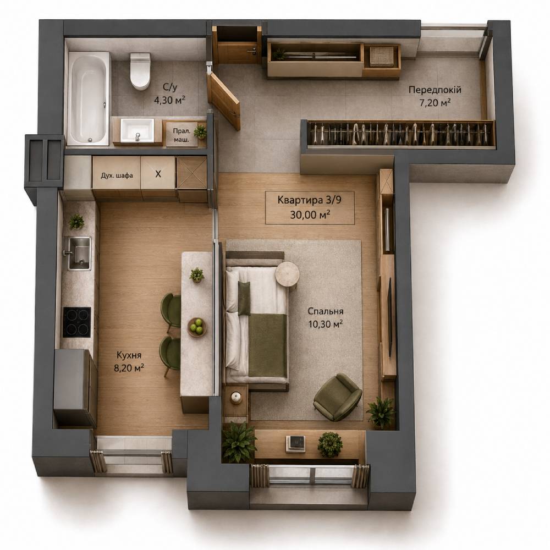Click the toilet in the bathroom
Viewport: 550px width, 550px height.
pyautogui.click(x=140, y=71)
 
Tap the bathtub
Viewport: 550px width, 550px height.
pyautogui.click(x=89, y=98)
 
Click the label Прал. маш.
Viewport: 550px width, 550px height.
pyautogui.click(x=181, y=135)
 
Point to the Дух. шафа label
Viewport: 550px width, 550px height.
pyautogui.click(x=117, y=175)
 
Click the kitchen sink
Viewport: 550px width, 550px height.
pyautogui.click(x=77, y=253)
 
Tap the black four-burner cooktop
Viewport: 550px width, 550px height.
pyautogui.click(x=77, y=322)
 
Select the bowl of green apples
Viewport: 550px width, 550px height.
pyautogui.click(x=197, y=327)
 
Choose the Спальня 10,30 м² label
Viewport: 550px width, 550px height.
pyautogui.click(x=325, y=317)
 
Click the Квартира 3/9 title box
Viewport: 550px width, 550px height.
pyautogui.click(x=309, y=208)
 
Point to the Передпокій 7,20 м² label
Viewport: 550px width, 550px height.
pyautogui.click(x=435, y=96)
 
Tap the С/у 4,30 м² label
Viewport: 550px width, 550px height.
pyautogui.click(x=169, y=94)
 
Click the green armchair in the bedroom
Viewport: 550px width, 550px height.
pyautogui.click(x=338, y=397)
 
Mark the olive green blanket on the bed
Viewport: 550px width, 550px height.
pyautogui.click(x=267, y=345)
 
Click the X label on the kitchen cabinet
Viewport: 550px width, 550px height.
pyautogui.click(x=158, y=174)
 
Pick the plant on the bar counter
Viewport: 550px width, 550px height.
pyautogui.click(x=197, y=274)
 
